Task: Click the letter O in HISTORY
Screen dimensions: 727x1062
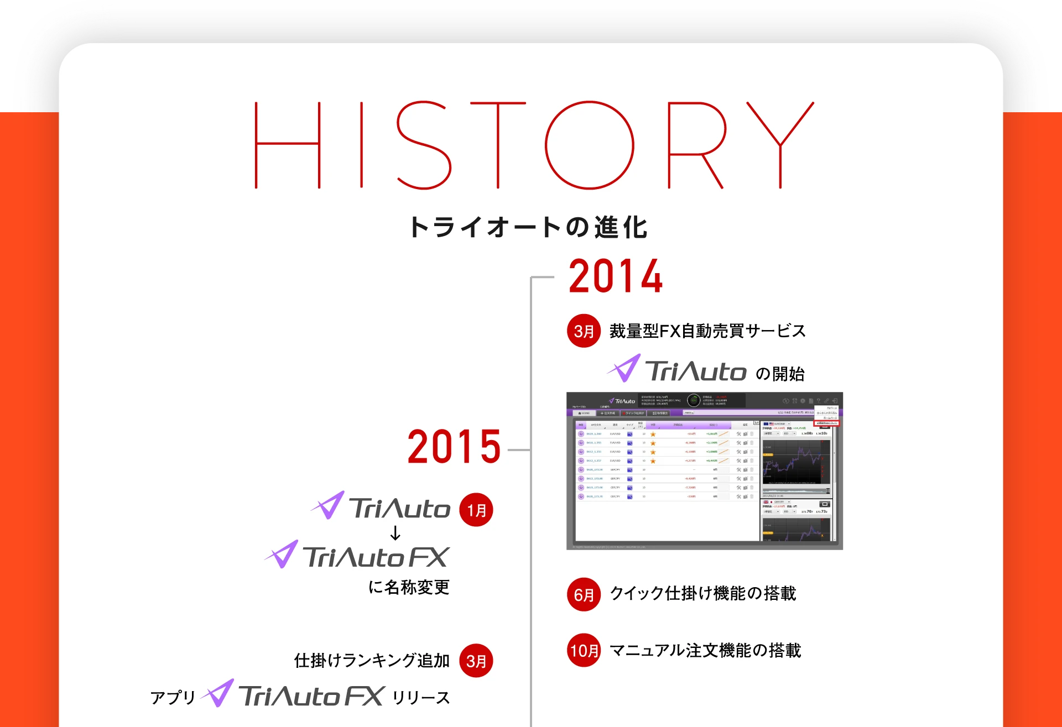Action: (x=590, y=145)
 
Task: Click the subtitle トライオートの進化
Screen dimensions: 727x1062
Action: (x=528, y=227)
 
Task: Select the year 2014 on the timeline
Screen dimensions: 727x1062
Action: (x=616, y=276)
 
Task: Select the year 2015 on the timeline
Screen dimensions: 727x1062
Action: (x=454, y=447)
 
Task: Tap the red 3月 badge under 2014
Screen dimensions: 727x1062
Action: (x=584, y=331)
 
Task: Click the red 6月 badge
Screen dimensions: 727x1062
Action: (x=584, y=594)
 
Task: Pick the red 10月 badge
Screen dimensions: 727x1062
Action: (x=584, y=650)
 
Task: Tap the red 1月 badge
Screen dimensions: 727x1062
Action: (x=476, y=510)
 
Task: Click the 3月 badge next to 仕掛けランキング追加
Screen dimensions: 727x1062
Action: (x=476, y=661)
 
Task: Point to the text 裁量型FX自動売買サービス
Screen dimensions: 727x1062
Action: (x=707, y=331)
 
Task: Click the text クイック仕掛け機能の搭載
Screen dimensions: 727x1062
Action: (x=702, y=594)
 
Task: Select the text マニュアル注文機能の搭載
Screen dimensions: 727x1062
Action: (x=705, y=651)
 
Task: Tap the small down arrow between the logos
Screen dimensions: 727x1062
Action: (x=395, y=534)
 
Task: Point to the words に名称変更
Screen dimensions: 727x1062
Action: (x=409, y=587)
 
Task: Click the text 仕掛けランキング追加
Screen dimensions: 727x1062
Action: (x=372, y=661)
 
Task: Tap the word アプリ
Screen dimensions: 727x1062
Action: (x=173, y=698)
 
